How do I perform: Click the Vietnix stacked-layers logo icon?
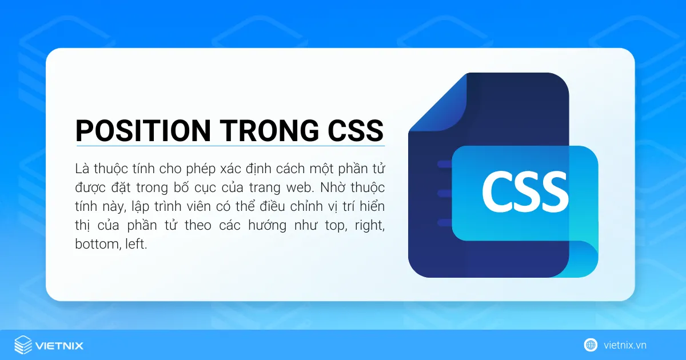click(x=23, y=345)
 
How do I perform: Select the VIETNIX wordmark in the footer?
click(x=59, y=346)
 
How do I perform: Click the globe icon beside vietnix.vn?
click(x=591, y=345)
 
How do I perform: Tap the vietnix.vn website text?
click(x=625, y=345)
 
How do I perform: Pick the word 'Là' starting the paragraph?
click(x=82, y=170)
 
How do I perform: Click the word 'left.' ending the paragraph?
click(x=135, y=244)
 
